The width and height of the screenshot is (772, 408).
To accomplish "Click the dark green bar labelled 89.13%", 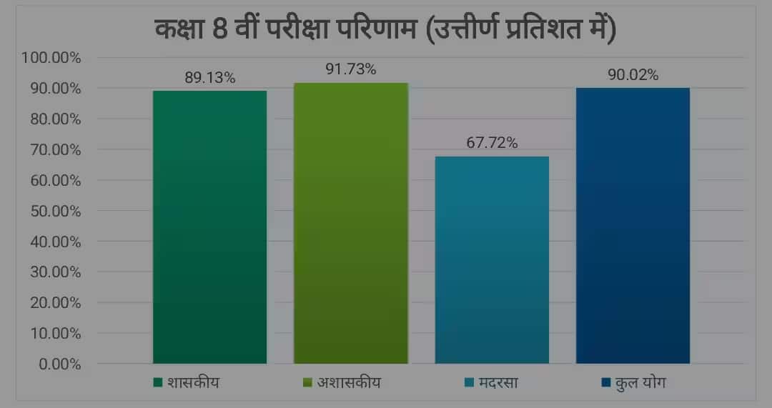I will point(209,227).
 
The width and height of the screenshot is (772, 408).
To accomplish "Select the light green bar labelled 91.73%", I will point(350,223).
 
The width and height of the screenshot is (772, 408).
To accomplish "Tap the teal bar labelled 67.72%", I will point(492,260).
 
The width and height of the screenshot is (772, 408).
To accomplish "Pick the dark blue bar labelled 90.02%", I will point(633,226).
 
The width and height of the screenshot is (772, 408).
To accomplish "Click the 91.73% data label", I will point(350,70).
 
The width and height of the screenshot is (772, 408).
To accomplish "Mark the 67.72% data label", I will point(492,144).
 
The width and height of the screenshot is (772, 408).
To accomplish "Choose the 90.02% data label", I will point(633,75).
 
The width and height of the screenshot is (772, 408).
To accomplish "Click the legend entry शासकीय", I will point(187,382).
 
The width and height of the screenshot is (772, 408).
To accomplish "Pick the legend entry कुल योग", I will point(633,382).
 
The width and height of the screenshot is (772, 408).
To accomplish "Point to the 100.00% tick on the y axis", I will point(51,58).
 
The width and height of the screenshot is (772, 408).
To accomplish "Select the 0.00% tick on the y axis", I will point(58,364).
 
